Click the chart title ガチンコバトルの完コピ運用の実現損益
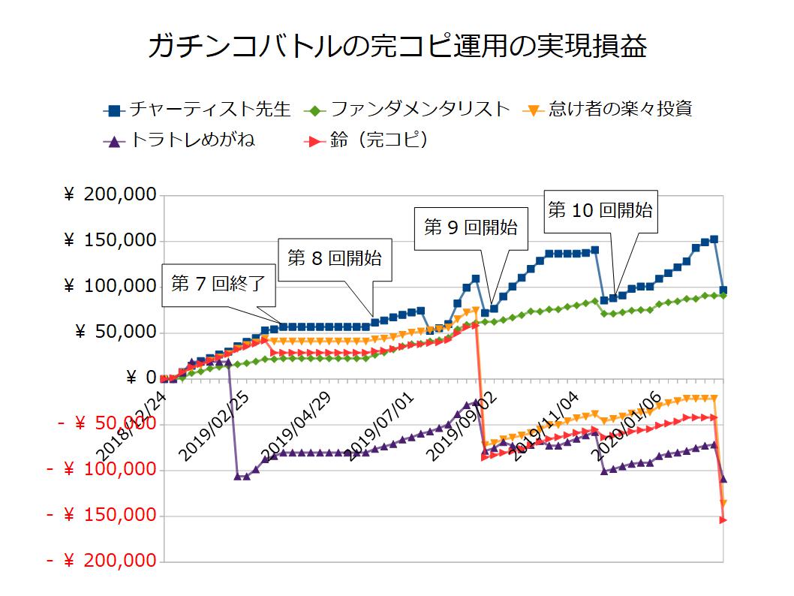pyautogui.click(x=397, y=47)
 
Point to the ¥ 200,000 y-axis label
pyautogui.click(x=110, y=195)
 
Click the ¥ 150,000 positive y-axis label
pyautogui.click(x=110, y=241)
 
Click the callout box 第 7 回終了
pyautogui.click(x=212, y=286)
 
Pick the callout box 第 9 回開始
pyautogui.click(x=471, y=228)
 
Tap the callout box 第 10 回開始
pyautogui.click(x=600, y=211)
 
